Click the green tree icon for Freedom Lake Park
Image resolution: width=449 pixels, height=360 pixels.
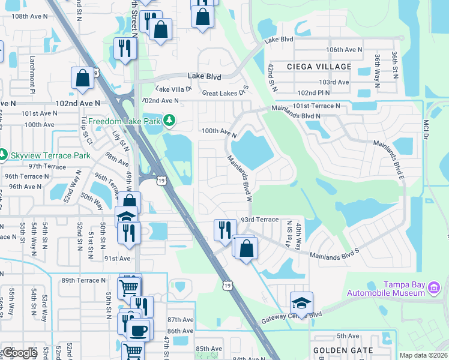pos(170,121)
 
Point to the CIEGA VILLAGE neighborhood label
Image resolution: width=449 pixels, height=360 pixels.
pos(319,66)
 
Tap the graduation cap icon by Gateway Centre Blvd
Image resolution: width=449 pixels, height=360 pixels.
pos(302,303)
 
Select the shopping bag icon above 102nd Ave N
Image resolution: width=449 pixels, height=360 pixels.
pos(82,79)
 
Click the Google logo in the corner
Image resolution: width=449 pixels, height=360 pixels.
pos(20,353)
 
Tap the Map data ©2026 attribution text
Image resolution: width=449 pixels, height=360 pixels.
pos(423,355)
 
